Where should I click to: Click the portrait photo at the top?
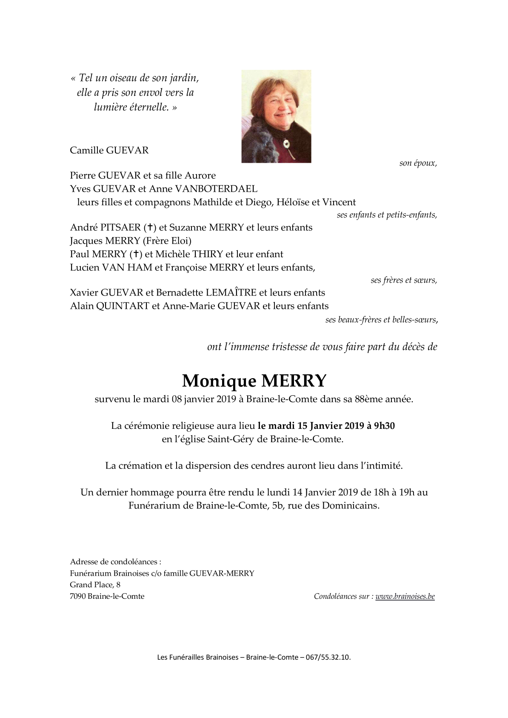276,116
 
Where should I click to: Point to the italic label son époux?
418,163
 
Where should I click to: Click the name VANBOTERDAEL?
223,189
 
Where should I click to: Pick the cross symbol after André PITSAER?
150,228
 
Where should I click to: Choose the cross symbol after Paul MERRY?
136,255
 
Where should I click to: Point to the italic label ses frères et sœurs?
403,280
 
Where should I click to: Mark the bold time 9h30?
384,426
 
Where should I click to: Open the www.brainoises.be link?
405,596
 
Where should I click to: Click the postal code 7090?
77,596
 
